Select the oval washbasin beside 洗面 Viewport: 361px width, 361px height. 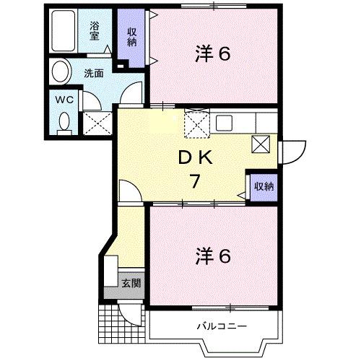coord(61,71)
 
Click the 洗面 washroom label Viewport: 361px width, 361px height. coord(92,72)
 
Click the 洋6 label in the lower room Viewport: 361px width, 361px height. coord(212,256)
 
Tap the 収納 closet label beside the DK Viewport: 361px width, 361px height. coord(263,186)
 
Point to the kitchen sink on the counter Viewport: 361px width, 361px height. coord(222,122)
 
